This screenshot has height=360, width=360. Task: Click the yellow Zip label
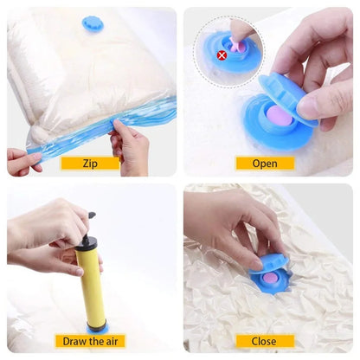point(89,163)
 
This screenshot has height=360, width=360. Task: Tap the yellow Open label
point(265,163)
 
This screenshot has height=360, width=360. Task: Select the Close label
point(265,340)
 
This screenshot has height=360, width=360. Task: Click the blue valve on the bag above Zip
point(93,23)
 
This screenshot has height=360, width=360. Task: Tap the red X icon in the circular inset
point(221,55)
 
